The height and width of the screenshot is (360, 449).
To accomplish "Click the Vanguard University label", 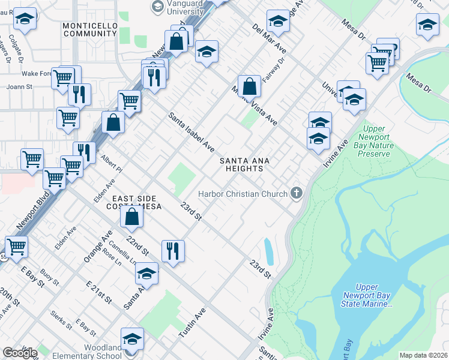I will [x=186, y=7].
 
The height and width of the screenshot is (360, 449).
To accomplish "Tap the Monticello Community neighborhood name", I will [x=89, y=29].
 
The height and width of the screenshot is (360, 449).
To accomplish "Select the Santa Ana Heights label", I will [x=244, y=164].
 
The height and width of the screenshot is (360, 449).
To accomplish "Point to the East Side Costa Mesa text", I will [x=134, y=202].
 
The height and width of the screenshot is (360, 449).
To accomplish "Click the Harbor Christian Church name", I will [x=242, y=193].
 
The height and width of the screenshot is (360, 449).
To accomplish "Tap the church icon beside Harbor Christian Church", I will [x=295, y=193].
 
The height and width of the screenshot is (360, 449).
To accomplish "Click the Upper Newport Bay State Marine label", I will [x=367, y=296].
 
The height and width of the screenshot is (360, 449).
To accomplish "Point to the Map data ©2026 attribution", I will [x=423, y=355].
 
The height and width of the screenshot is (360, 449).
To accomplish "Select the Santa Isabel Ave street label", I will [x=191, y=132].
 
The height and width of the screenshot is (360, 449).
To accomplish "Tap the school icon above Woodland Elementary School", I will [x=133, y=338].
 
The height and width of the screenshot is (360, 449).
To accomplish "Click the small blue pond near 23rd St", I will [x=268, y=251].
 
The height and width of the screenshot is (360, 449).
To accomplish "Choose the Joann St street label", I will [x=19, y=86].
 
